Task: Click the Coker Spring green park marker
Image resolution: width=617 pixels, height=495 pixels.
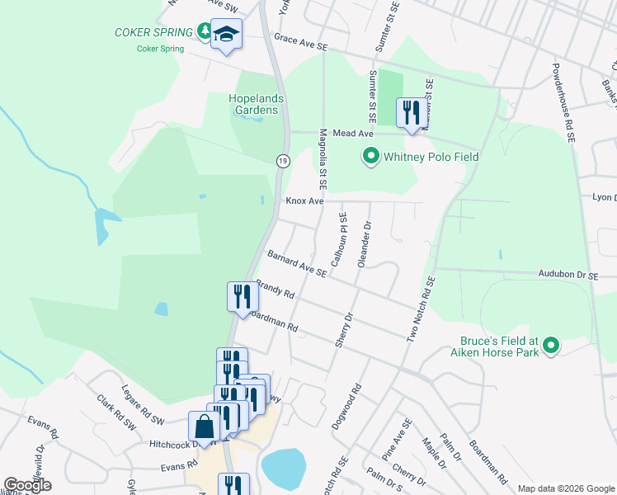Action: coord(205,31)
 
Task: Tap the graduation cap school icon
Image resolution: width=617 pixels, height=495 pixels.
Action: coord(226,35)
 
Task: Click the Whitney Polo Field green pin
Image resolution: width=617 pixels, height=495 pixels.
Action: coord(371,155)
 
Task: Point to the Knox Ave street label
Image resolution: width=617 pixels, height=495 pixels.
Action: coord(304,200)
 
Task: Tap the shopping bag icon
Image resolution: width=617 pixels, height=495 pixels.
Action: coord(204,427)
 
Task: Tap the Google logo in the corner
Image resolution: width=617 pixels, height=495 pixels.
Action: coord(29,485)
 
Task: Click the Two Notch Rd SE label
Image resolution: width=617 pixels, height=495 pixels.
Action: coord(419,309)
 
